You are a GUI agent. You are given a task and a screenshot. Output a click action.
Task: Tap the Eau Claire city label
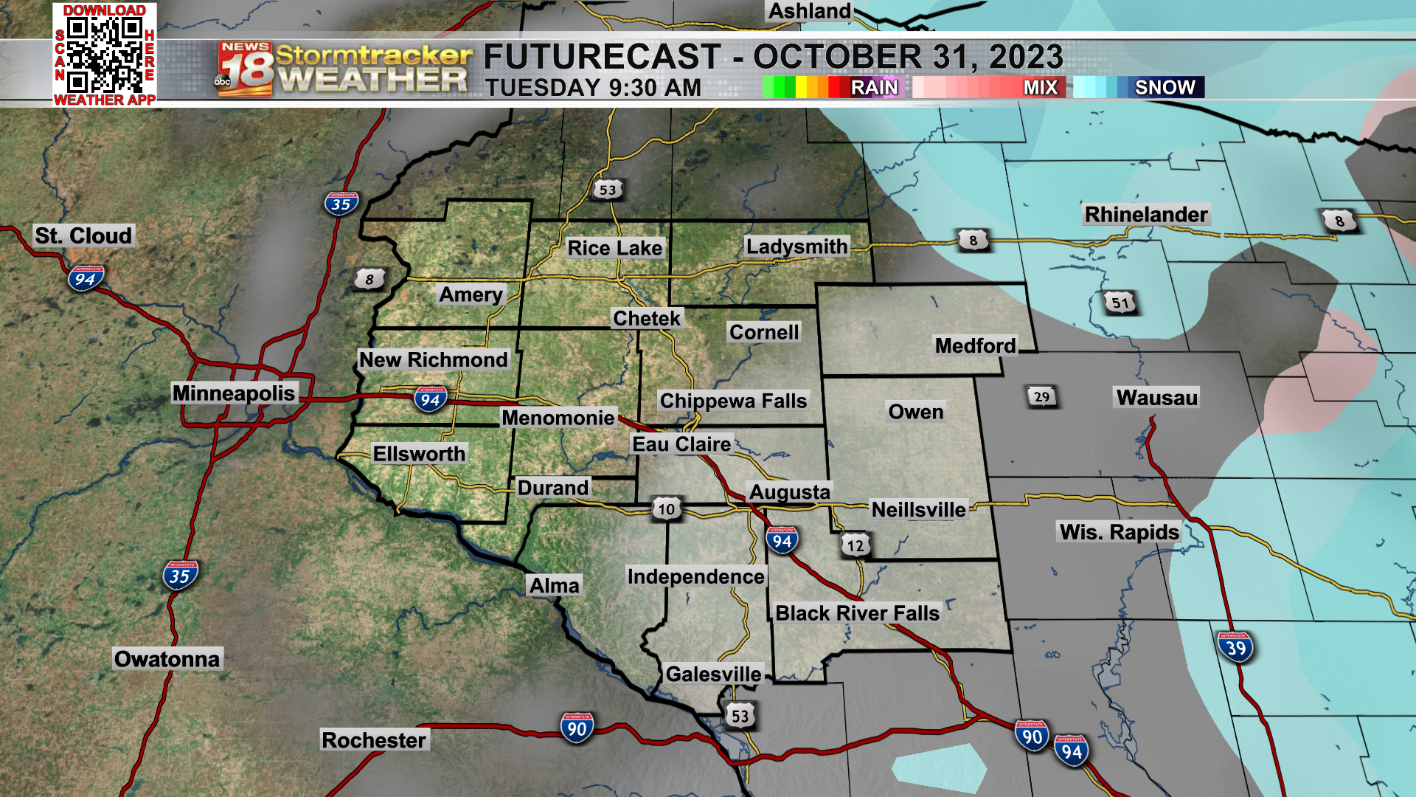tap(681, 444)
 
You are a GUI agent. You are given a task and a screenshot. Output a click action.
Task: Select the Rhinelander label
tap(1146, 215)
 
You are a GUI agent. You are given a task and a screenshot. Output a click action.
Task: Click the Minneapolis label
tap(234, 393)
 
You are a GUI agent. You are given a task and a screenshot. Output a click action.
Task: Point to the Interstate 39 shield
tap(1235, 648)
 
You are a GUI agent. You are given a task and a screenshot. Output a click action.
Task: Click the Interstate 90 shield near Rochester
tap(577, 728)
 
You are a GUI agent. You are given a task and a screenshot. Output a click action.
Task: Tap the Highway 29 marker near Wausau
tap(1041, 397)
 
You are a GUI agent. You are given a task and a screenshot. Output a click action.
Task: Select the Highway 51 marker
tap(1120, 303)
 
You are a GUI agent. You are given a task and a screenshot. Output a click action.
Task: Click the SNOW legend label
tap(1165, 88)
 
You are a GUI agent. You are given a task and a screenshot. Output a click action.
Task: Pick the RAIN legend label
tap(874, 88)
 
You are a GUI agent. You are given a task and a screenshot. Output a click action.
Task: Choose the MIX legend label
tap(1040, 88)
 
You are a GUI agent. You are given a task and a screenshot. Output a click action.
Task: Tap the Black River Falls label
tap(857, 613)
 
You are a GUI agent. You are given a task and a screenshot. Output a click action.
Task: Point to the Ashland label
tap(810, 12)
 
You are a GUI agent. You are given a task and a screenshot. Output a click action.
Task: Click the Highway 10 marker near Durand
tap(666, 508)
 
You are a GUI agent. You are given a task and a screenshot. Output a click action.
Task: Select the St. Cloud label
tap(83, 236)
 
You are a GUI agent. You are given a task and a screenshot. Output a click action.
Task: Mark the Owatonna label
tap(167, 659)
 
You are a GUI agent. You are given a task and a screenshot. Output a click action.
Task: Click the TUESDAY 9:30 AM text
tap(593, 88)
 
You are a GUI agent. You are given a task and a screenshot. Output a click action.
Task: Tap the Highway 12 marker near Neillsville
tap(855, 545)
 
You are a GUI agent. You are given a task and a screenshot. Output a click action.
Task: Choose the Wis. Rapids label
tap(1119, 532)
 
